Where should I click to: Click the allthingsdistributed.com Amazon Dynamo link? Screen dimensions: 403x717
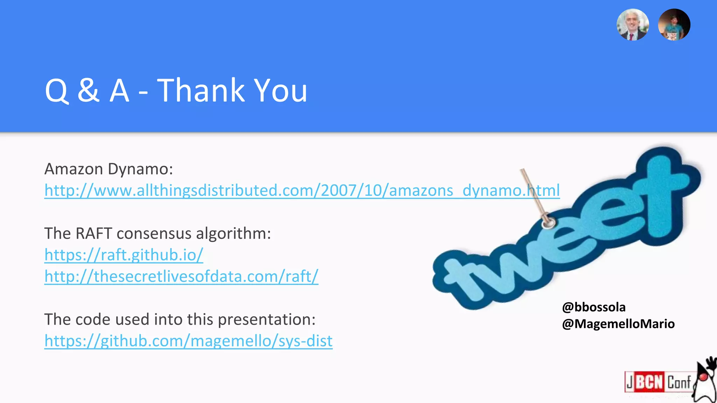coord(302,191)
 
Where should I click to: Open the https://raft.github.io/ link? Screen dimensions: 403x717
coord(124,255)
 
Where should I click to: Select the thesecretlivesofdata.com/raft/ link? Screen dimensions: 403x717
coord(181,276)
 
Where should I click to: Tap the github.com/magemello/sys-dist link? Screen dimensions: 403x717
coord(188,341)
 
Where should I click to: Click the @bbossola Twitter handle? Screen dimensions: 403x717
coord(594,307)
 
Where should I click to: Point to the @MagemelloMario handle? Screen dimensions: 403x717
coord(618,324)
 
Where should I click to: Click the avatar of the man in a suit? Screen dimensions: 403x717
coord(633,25)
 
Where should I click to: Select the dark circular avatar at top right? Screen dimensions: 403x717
coord(674,25)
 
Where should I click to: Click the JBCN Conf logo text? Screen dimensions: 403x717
coord(658,382)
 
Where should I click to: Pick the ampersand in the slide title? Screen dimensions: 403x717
coord(88,91)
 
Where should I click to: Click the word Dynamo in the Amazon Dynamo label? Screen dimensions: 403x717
coord(140,169)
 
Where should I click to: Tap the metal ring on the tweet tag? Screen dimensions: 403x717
coord(548,222)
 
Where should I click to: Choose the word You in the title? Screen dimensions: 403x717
coord(280,91)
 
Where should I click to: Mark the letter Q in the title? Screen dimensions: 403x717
coord(57,91)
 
